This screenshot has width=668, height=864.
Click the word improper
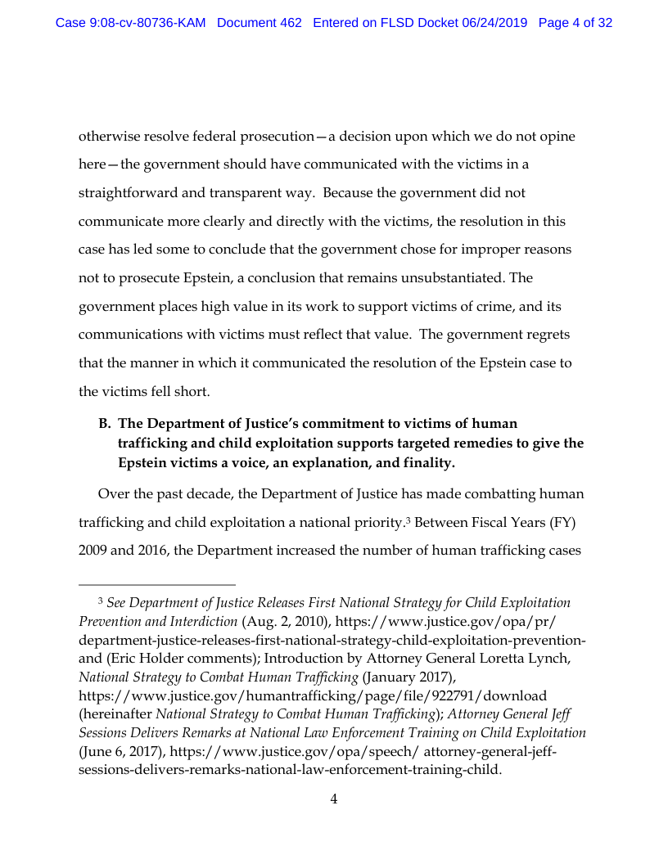(480, 249)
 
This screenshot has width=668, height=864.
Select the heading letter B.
(104, 423)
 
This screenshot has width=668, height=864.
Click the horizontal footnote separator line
(156, 585)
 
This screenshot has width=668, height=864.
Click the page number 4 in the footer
(334, 799)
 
